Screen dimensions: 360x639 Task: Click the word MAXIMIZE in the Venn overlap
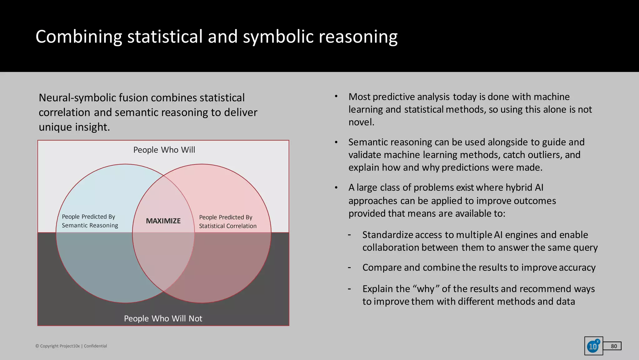163,221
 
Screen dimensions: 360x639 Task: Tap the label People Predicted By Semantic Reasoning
90,221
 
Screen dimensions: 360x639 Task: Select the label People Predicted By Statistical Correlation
228,222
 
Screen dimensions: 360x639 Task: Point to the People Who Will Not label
163,318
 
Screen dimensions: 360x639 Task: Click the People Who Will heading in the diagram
164,150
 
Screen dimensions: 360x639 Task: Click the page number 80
614,346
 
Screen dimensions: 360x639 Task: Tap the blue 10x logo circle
593,346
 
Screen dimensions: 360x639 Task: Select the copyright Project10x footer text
71,346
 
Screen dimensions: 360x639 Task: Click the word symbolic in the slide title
278,37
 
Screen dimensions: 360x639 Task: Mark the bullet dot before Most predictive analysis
336,96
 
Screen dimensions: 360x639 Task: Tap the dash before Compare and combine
349,268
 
